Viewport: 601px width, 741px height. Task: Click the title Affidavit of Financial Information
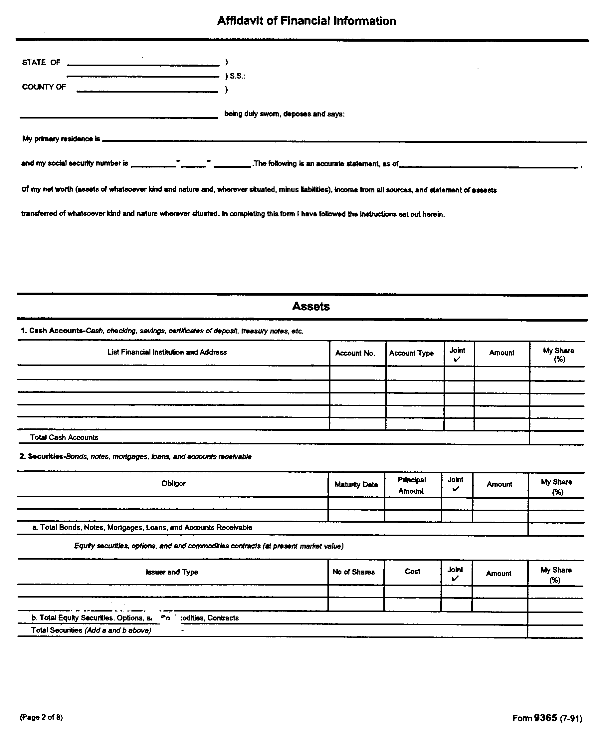point(306,21)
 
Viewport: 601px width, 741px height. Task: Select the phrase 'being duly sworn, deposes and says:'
point(284,114)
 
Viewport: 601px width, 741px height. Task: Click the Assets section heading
point(311,306)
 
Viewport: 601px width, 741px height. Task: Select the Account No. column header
point(355,353)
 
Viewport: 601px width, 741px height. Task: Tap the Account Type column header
point(411,353)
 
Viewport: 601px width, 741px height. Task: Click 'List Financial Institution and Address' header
point(167,352)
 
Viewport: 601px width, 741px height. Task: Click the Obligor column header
point(173,483)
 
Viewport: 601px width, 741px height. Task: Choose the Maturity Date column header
point(356,484)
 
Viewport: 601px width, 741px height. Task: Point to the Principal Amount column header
point(411,485)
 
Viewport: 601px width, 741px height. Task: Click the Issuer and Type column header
point(172,572)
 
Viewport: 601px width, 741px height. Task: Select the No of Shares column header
point(353,572)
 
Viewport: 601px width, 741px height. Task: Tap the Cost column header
point(412,571)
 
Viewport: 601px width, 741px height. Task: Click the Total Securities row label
point(91,630)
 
